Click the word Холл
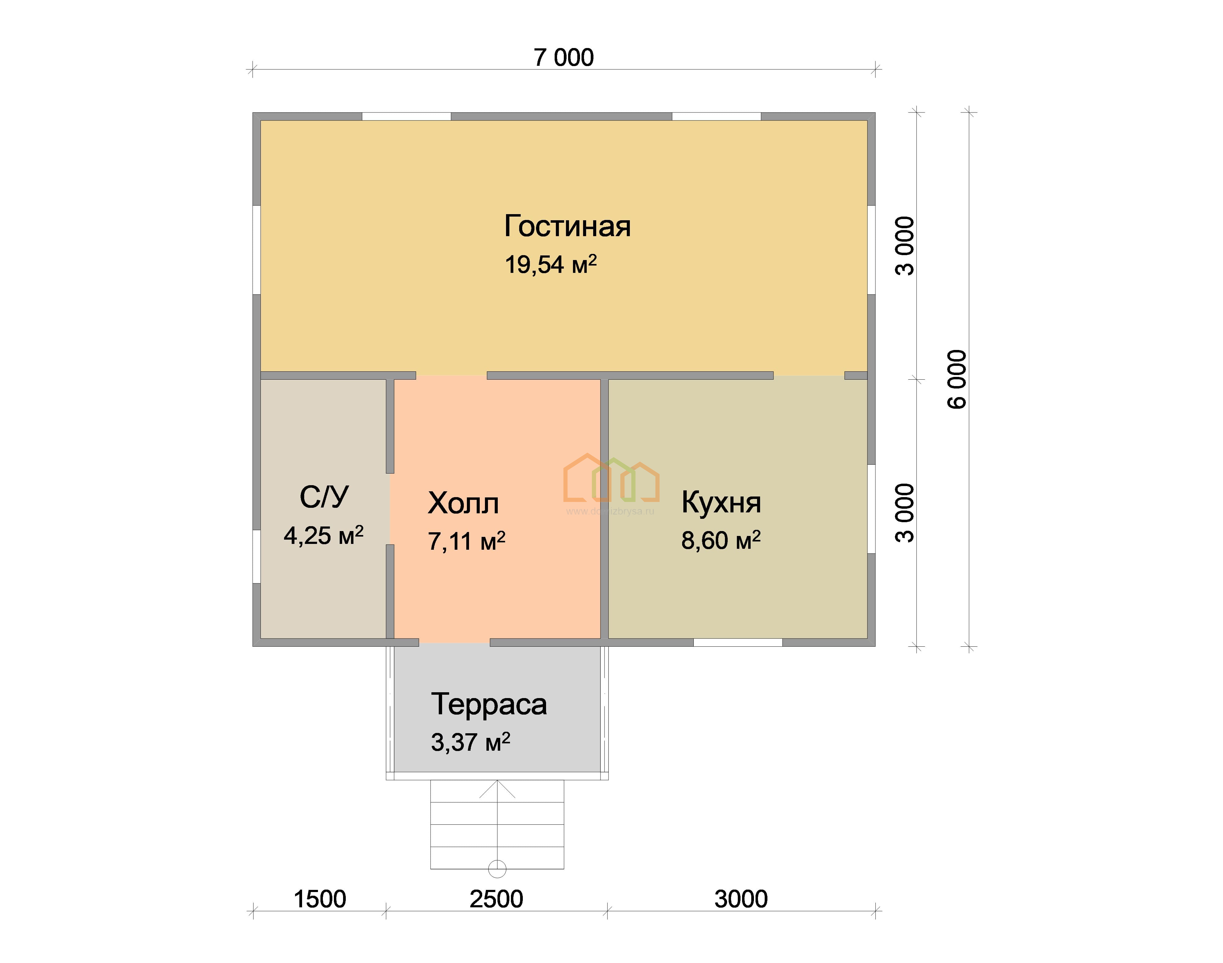pos(463,503)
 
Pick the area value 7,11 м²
pos(467,541)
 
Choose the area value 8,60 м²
pos(721,540)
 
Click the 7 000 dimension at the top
pos(563,58)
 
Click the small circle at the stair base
pos(497,869)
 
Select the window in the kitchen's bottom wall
pos(738,642)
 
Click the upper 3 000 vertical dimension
pos(905,246)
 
